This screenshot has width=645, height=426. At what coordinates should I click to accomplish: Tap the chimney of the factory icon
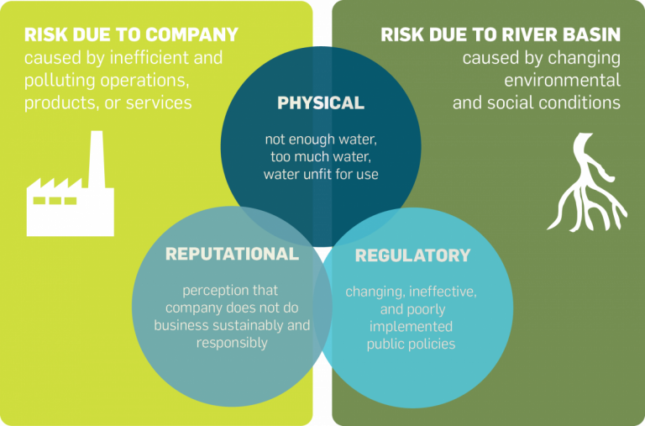click(97, 160)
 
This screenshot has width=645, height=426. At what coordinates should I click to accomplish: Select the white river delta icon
click(586, 182)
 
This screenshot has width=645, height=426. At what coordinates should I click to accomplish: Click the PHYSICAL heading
click(321, 103)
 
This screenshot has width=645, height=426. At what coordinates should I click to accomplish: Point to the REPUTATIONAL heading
click(232, 254)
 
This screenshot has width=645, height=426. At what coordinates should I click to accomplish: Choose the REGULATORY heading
click(412, 255)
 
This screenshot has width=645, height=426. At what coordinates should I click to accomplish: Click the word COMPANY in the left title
click(191, 34)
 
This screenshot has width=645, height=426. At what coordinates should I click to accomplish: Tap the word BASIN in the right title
click(590, 34)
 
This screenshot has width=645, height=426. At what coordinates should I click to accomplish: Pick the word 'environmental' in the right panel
click(563, 80)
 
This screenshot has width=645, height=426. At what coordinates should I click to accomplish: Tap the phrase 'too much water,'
click(321, 157)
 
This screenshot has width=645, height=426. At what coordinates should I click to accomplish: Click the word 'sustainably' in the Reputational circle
click(248, 326)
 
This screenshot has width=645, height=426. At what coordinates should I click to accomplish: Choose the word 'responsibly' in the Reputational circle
click(232, 344)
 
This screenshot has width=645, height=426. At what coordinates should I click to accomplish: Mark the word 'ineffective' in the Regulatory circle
click(443, 292)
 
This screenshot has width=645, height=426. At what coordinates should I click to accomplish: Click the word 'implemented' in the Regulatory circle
click(411, 327)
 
